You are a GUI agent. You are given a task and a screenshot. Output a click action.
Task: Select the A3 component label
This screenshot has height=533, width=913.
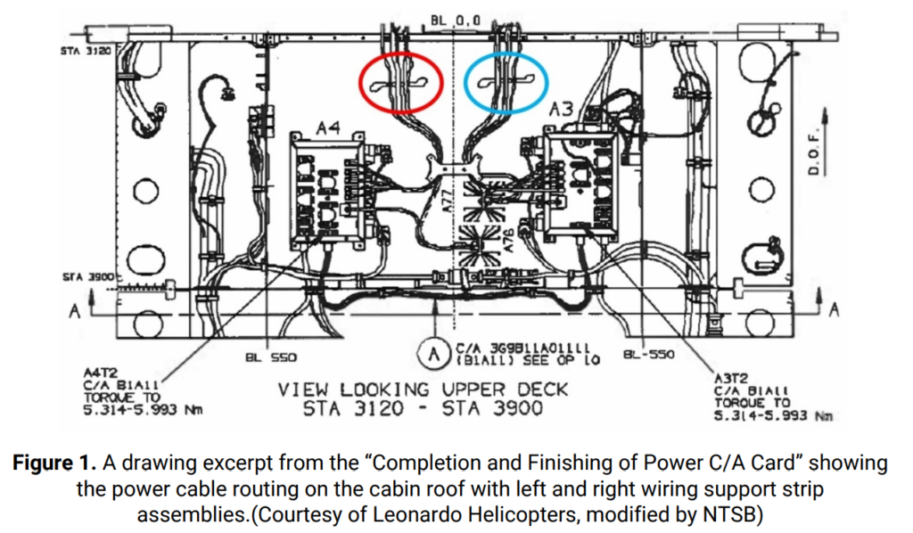point(561,111)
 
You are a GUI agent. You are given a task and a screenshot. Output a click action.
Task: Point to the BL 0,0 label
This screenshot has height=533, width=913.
point(456,18)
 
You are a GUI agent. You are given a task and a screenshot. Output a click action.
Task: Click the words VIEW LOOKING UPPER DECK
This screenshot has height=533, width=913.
point(422,390)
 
